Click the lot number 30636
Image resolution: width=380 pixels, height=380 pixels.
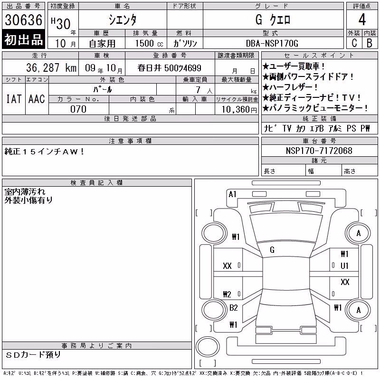23,20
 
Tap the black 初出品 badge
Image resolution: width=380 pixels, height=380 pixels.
23,39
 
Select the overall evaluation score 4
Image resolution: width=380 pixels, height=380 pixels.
362,19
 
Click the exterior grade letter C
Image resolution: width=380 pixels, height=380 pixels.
354,43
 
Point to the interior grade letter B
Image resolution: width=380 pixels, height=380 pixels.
370,43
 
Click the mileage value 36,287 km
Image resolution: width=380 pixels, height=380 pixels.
51,68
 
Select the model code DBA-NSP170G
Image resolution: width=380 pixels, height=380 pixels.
272,43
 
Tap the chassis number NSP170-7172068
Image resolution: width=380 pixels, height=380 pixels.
319,151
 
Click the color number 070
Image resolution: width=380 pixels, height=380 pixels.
78,109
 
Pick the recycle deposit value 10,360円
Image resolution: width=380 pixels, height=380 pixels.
239,110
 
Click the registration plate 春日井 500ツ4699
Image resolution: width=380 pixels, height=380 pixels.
170,68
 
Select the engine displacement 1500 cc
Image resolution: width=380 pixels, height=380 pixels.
149,43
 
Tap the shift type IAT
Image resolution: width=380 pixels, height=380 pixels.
14,99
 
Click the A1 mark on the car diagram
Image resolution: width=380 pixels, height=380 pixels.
232,194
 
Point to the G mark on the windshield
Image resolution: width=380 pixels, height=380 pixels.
272,250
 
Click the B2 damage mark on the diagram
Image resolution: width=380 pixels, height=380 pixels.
234,308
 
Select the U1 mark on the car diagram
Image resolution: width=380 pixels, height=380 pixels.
344,266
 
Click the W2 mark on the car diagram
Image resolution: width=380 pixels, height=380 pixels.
227,294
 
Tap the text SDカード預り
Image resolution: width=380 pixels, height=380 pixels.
33,355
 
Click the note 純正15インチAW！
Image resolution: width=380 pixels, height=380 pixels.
44,152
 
